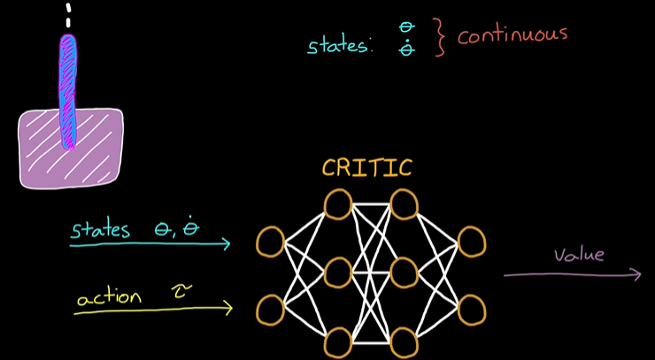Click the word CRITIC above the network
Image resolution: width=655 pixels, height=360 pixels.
click(x=366, y=168)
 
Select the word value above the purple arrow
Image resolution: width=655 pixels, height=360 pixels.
click(x=579, y=256)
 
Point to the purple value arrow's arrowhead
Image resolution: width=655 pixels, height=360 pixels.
click(x=636, y=275)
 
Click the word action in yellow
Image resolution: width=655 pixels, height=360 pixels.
click(x=109, y=297)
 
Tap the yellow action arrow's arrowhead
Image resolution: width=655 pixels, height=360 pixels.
click(x=227, y=308)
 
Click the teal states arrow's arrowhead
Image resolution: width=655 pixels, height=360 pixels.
click(x=226, y=243)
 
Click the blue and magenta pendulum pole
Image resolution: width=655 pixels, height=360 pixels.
click(x=68, y=88)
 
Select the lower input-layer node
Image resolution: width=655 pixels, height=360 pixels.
click(x=270, y=310)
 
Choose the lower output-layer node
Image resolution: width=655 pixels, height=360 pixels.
click(x=472, y=310)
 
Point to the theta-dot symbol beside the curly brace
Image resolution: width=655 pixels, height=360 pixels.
click(x=407, y=50)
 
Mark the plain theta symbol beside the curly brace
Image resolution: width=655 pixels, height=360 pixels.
click(x=407, y=28)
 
